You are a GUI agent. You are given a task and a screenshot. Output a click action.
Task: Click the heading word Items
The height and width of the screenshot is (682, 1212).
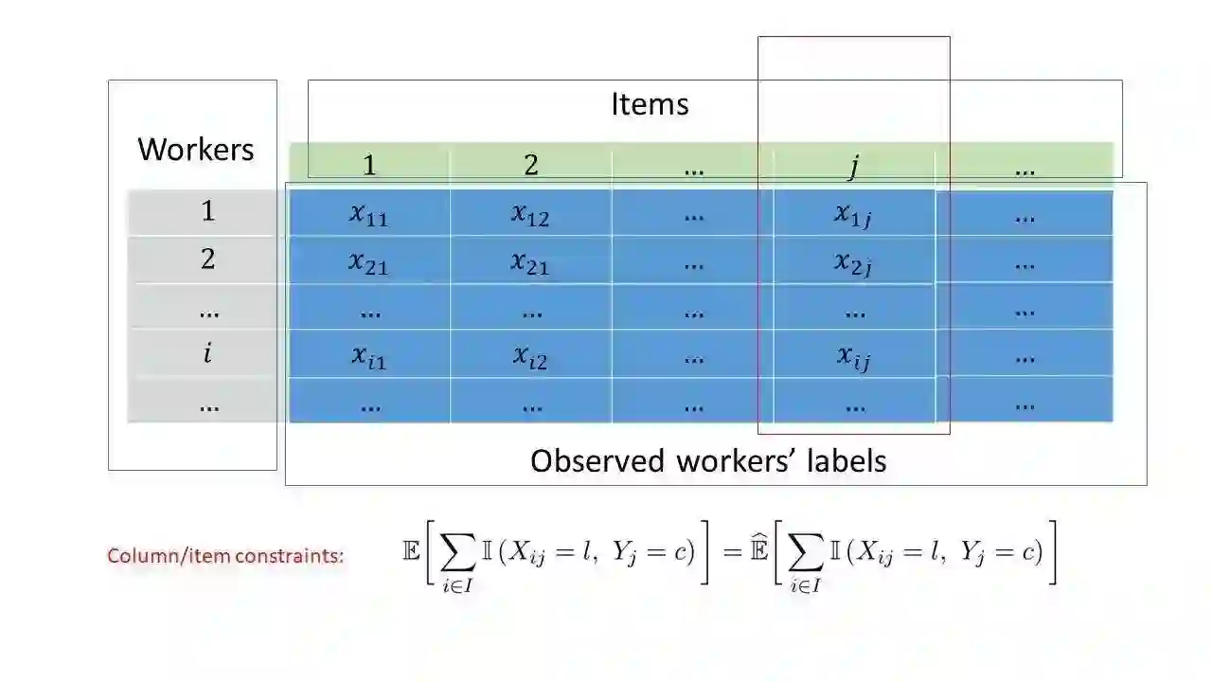click(650, 104)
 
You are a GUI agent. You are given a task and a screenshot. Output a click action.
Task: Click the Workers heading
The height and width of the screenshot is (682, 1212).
click(196, 150)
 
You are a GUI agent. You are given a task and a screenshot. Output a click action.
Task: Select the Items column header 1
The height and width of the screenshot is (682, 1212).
click(369, 166)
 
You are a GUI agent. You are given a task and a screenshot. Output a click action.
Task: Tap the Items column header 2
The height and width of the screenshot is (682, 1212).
click(531, 166)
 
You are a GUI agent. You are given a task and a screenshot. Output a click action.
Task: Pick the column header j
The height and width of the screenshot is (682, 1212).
click(853, 167)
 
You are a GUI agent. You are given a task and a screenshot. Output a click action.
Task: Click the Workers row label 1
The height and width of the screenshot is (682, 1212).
click(208, 211)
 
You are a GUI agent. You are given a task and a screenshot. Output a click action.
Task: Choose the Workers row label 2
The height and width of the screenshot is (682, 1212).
click(208, 259)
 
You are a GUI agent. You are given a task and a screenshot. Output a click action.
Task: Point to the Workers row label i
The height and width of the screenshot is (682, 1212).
click(207, 353)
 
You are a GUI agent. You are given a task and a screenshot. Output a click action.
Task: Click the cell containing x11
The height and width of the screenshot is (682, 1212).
click(369, 215)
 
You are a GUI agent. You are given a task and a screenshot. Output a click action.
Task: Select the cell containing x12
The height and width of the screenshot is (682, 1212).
click(530, 215)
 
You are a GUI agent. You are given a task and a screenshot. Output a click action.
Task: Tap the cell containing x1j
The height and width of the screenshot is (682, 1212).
click(853, 215)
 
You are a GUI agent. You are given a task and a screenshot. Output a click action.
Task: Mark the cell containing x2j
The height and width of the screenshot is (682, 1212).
click(853, 262)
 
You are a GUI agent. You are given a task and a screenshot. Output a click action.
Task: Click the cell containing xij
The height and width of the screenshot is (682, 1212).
click(853, 357)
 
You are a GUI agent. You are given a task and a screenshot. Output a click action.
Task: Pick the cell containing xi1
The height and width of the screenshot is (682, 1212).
click(369, 357)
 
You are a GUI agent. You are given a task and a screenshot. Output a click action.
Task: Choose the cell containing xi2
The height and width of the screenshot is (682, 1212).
click(530, 357)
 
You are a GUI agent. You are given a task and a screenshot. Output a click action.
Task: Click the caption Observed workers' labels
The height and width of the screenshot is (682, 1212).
click(708, 461)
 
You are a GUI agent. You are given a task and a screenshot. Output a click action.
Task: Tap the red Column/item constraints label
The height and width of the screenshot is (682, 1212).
click(225, 556)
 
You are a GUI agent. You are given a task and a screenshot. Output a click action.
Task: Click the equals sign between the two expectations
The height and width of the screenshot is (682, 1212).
click(731, 552)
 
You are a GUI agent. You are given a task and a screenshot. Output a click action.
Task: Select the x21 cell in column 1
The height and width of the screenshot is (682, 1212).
click(369, 262)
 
